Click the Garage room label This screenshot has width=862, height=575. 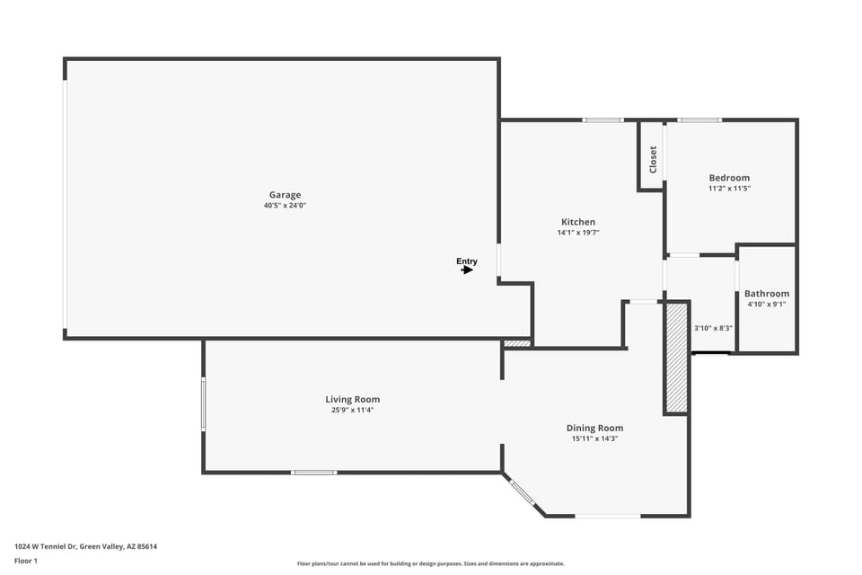(x=285, y=195)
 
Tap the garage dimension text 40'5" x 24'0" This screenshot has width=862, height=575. (x=285, y=206)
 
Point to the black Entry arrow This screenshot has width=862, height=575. (x=467, y=270)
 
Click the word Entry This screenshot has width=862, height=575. (x=467, y=261)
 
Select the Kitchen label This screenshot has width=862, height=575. (x=578, y=222)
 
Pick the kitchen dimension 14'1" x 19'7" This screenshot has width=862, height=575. (x=578, y=233)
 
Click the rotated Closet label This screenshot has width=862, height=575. (x=653, y=159)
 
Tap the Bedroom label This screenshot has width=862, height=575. (x=729, y=178)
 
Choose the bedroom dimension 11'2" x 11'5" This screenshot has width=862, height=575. (x=729, y=189)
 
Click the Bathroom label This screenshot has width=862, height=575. (x=767, y=294)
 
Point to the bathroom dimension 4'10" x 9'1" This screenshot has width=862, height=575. (x=767, y=304)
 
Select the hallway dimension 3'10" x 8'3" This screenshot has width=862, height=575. (x=714, y=328)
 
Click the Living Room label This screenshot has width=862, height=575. (x=352, y=400)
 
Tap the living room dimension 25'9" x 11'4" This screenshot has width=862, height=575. (x=352, y=411)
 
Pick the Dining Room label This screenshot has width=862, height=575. (x=594, y=429)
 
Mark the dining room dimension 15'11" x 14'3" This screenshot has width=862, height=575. (x=594, y=439)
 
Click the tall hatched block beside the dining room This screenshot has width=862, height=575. (x=676, y=358)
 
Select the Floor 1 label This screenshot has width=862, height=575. (x=26, y=561)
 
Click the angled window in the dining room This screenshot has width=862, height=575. (x=523, y=492)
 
